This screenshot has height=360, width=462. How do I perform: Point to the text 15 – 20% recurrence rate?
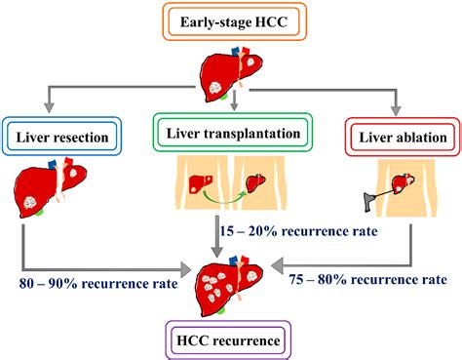(x=299, y=231)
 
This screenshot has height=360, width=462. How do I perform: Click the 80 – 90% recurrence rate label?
(x=98, y=283)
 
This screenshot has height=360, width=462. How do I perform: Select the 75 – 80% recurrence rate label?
(x=368, y=279)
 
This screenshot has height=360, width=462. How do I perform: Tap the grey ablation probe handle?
(x=368, y=201)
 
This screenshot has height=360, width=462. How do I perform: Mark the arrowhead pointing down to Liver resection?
(x=49, y=107)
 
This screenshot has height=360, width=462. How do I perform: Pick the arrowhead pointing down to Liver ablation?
(x=396, y=110)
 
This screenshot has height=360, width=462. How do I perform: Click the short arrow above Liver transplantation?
(x=234, y=100)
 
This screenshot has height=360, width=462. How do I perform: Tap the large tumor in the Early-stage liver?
(x=214, y=88)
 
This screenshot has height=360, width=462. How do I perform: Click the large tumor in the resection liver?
(x=31, y=202)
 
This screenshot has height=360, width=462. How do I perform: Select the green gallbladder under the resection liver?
(x=39, y=213)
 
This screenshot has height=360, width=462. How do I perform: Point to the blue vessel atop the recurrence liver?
(x=234, y=260)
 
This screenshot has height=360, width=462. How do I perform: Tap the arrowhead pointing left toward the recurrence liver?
(x=278, y=265)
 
